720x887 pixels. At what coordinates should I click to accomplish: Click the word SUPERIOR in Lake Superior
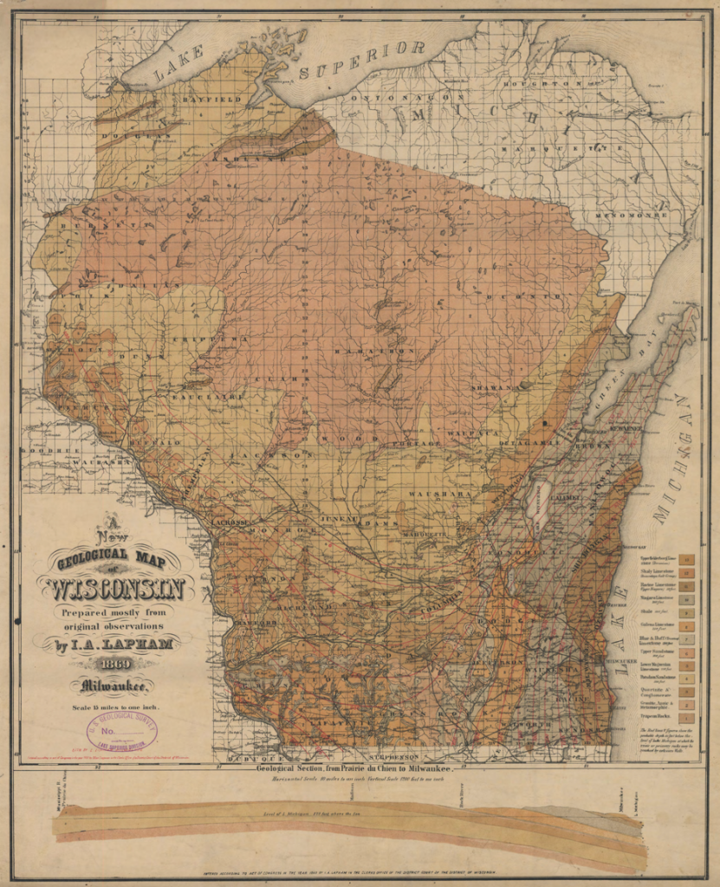pyautogui.click(x=363, y=59)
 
